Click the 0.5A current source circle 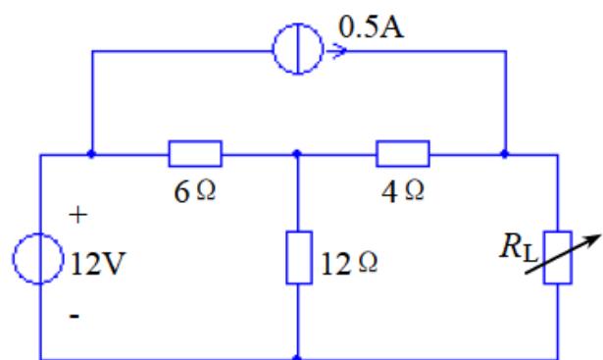click(x=274, y=49)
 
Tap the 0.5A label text click(x=371, y=27)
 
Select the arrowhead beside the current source click(x=337, y=51)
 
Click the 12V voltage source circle click(x=14, y=258)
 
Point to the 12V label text click(x=98, y=264)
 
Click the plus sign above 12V click(x=78, y=215)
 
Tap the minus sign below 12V click(x=75, y=316)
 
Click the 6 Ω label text click(x=194, y=191)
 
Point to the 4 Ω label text click(x=403, y=191)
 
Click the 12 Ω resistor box click(x=287, y=258)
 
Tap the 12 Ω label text click(x=349, y=264)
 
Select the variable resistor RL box click(x=544, y=258)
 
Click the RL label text click(x=519, y=247)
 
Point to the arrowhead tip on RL click(x=600, y=235)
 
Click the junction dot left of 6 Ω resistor click(x=91, y=154)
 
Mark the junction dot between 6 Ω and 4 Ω click(x=297, y=154)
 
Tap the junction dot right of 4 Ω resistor click(x=505, y=154)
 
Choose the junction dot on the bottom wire click(x=297, y=358)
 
